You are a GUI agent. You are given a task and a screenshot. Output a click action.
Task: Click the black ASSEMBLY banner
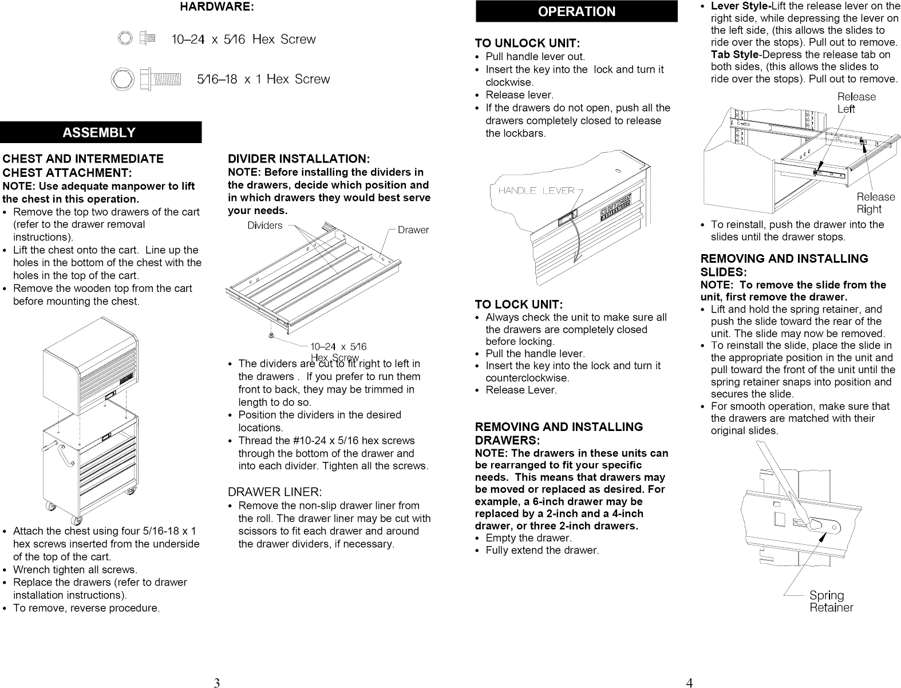100,132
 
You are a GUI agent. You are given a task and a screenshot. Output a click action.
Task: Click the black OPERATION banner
576,12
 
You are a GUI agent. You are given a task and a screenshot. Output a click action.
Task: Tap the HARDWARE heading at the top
217,7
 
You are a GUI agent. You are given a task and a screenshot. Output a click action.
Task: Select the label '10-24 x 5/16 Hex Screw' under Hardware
243,39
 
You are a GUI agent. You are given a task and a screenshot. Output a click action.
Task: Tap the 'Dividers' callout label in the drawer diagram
264,226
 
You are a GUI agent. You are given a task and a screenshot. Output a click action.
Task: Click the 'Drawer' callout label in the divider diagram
413,230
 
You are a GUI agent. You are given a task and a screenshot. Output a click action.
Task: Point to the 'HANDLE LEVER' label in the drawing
536,191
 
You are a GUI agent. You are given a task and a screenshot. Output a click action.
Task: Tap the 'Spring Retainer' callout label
831,602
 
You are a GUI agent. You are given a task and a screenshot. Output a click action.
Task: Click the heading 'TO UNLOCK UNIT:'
528,44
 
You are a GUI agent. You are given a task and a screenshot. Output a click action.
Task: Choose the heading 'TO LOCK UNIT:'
519,304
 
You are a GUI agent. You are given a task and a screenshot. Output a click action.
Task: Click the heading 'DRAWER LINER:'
275,492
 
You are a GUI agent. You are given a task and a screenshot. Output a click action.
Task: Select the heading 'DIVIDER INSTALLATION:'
299,159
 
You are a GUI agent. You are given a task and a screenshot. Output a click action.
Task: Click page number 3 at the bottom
216,682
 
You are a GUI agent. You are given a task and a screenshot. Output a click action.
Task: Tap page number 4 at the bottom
689,682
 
